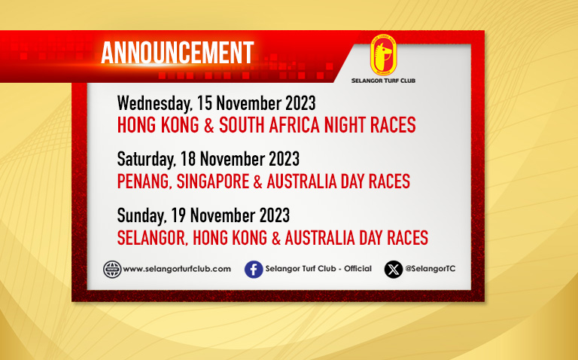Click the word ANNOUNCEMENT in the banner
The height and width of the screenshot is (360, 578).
(x=178, y=53)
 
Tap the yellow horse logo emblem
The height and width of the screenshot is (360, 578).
(x=383, y=55)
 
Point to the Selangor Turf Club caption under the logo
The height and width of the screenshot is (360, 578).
(x=383, y=81)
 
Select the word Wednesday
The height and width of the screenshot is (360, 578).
(x=154, y=103)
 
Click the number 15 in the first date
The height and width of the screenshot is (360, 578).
(x=204, y=103)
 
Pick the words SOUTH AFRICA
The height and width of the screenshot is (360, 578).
(x=269, y=125)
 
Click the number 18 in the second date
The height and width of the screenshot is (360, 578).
(x=187, y=159)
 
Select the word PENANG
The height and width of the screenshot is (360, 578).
(x=144, y=182)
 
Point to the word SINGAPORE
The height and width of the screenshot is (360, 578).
(x=213, y=182)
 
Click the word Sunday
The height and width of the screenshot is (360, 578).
(x=141, y=216)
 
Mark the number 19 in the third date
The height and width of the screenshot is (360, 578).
(x=178, y=215)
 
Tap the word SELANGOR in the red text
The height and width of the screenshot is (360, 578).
(x=153, y=238)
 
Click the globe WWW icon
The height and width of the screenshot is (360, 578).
(x=112, y=270)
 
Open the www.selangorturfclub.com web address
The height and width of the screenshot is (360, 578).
(x=177, y=269)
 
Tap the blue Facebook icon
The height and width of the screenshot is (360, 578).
(x=254, y=270)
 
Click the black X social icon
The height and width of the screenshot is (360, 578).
(x=394, y=270)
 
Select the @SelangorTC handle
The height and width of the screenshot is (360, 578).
(x=430, y=269)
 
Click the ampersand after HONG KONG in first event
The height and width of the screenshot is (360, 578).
(x=209, y=125)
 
